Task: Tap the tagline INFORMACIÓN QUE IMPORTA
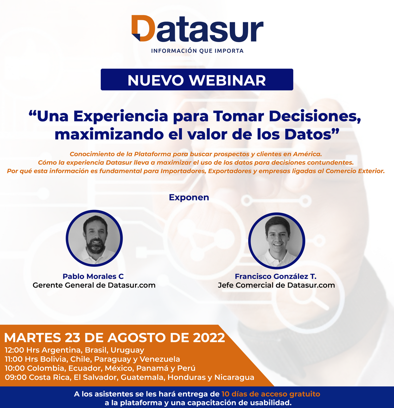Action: [x=197, y=51]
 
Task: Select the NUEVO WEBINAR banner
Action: [x=197, y=79]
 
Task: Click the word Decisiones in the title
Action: [x=315, y=116]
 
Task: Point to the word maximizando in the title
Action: [x=109, y=134]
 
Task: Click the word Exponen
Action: [x=189, y=197]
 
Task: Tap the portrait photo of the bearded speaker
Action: [x=94, y=238]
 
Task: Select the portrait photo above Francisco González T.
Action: [x=277, y=241]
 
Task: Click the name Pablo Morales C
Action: [x=93, y=276]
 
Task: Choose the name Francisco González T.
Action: [x=275, y=276]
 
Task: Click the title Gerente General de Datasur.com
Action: [x=94, y=285]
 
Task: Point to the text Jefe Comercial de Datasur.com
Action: [x=276, y=285]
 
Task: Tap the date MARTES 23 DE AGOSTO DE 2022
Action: [x=114, y=338]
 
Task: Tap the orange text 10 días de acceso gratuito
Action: [x=271, y=394]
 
